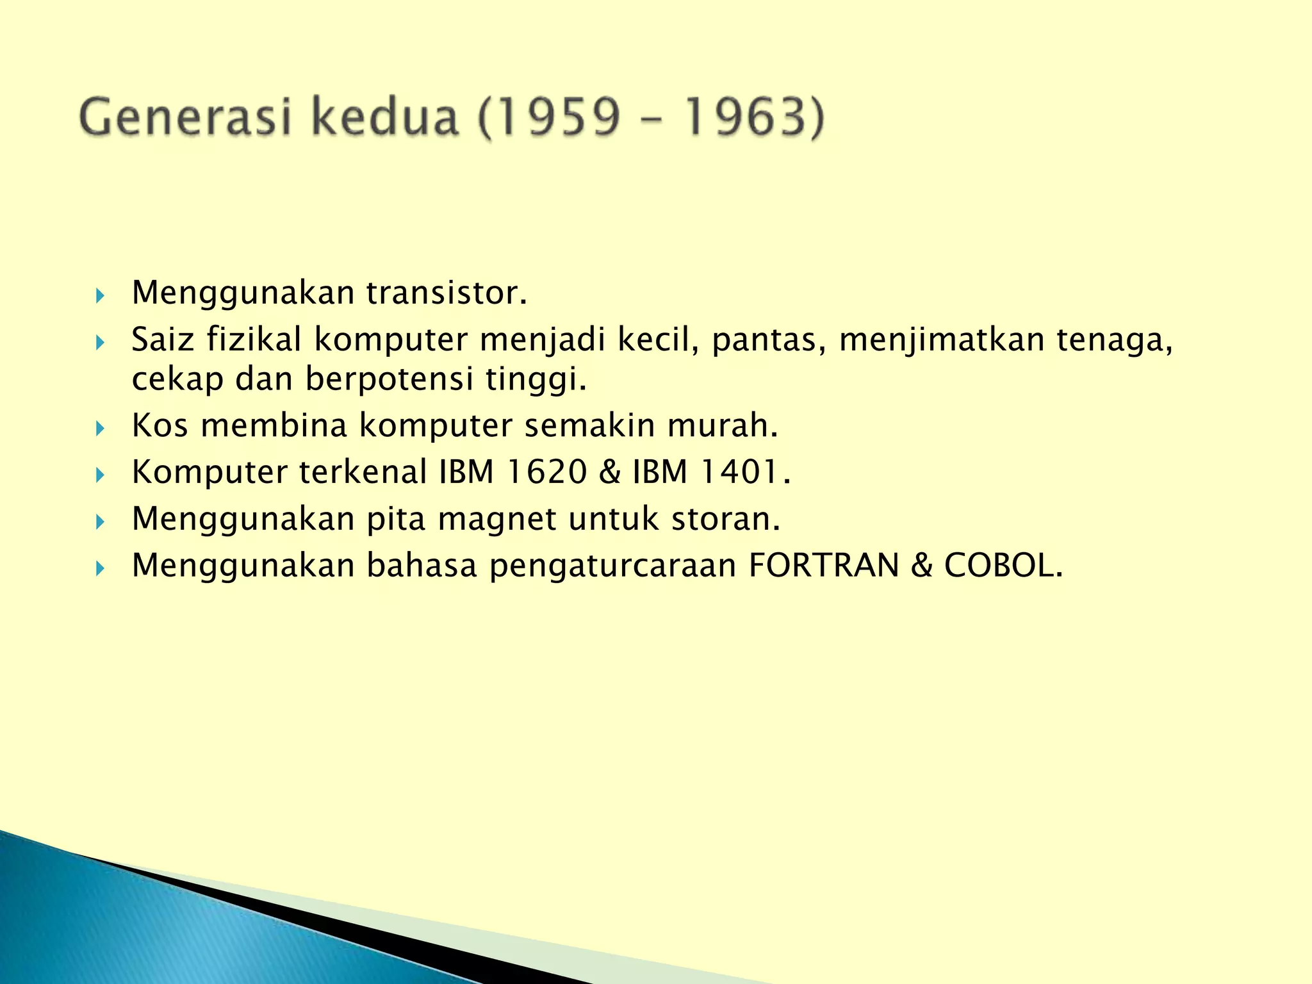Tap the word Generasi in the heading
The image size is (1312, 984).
[x=185, y=118]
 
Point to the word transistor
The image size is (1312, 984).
[x=446, y=293]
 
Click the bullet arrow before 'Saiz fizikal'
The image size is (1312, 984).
[x=100, y=343]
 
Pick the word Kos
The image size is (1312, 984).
[x=160, y=425]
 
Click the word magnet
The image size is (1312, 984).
[x=497, y=519]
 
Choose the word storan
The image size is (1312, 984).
[x=725, y=519]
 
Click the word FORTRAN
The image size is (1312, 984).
[x=824, y=566]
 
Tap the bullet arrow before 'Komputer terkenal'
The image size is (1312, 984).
[x=100, y=475]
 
